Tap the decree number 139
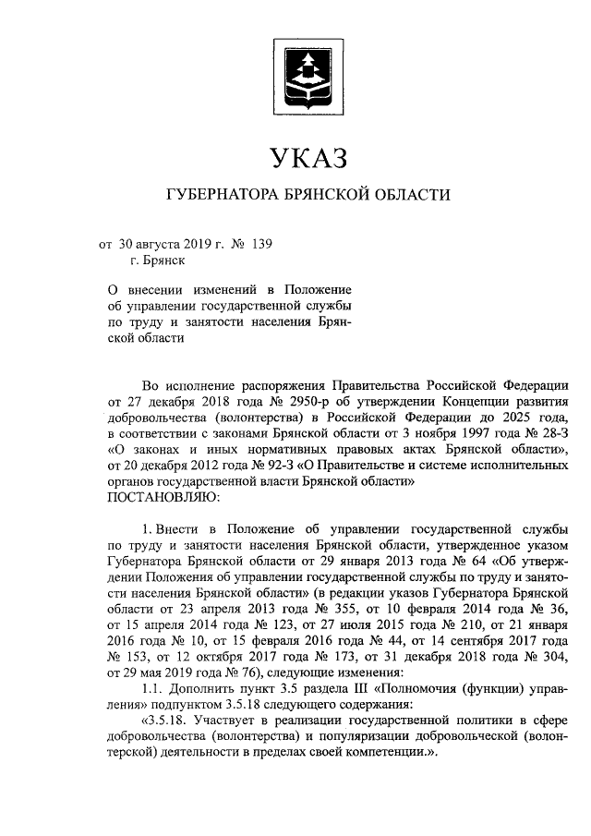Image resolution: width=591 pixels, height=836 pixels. click(261, 244)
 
